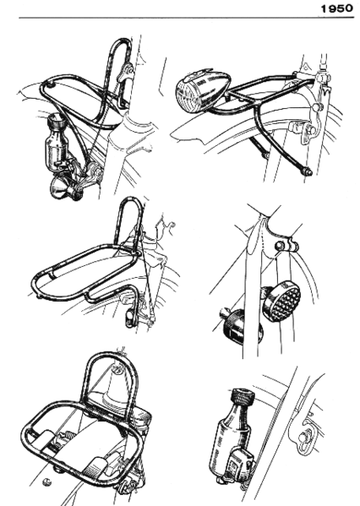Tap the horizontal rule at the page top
coord(169,18)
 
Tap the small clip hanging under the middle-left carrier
coord(130,316)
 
